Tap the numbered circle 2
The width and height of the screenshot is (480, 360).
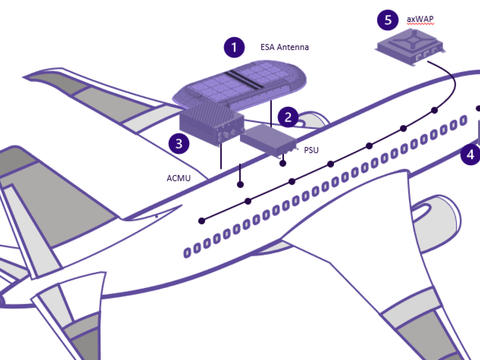[x=288, y=117]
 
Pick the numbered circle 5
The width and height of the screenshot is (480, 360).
[x=388, y=20]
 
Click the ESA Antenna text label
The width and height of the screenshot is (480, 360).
[x=284, y=47]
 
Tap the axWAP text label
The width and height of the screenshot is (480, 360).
[x=420, y=20]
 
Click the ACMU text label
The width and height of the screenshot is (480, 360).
[x=178, y=178]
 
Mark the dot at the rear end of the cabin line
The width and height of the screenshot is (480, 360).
[x=202, y=220]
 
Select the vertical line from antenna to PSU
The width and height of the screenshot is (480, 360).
[x=272, y=114]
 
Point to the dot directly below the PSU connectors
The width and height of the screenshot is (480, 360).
[x=283, y=163]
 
